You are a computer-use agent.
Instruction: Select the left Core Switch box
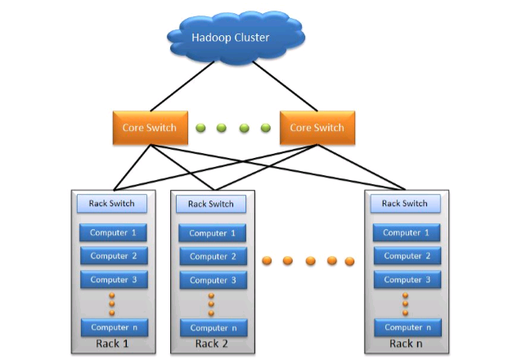tap(144, 128)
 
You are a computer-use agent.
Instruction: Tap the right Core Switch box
tap(317, 128)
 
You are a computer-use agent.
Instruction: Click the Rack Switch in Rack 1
tap(111, 203)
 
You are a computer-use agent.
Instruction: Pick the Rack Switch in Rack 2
tap(211, 204)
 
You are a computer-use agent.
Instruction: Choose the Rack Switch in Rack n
tap(404, 203)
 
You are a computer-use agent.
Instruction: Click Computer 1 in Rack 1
tap(113, 232)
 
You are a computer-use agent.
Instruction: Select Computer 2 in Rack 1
tap(113, 256)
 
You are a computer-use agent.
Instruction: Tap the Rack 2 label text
tap(212, 344)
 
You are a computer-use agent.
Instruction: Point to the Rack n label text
tap(407, 344)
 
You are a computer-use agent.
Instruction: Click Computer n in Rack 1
tap(113, 327)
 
